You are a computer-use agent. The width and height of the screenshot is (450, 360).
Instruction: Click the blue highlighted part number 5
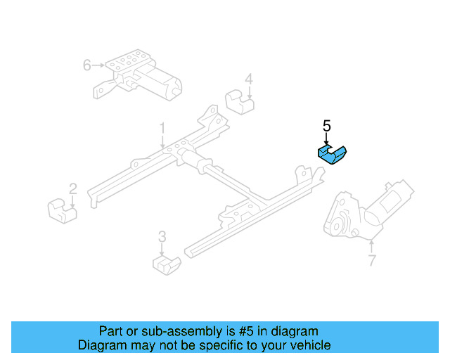point(334,153)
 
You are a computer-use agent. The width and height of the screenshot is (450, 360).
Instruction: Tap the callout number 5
point(326,126)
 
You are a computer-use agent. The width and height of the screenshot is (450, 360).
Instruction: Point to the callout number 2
point(72,188)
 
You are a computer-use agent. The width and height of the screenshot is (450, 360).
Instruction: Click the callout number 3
point(162,236)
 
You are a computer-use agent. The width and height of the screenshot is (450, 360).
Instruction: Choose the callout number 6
point(87,65)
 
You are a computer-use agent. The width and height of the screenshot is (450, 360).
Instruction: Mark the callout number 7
point(371,262)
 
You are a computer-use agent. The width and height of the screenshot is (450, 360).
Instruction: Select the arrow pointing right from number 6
point(98,65)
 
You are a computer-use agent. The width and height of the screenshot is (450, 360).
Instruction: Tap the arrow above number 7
point(371,246)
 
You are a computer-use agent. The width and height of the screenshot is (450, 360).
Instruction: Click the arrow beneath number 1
point(162,142)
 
